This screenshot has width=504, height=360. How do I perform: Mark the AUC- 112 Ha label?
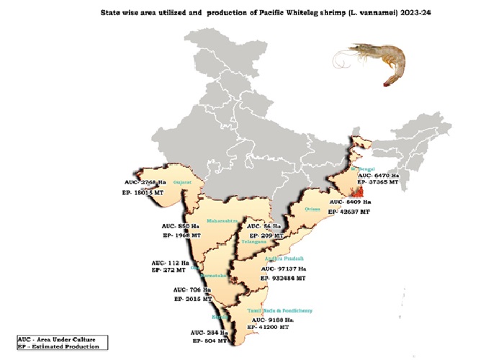(171, 262)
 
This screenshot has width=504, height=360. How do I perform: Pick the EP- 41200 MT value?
(269, 327)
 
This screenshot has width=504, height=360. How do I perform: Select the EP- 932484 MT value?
(279, 277)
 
